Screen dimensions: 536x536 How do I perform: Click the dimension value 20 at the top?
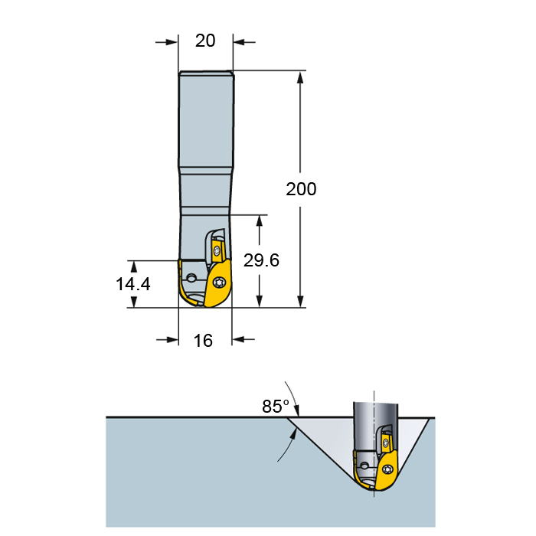[x=205, y=41]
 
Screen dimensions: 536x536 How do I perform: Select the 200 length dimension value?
[x=301, y=189]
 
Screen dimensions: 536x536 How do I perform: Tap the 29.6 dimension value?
[x=261, y=260]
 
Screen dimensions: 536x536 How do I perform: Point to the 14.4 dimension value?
[x=133, y=284]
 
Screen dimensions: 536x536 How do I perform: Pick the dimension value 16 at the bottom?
[x=203, y=341]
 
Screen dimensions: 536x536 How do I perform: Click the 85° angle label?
[x=276, y=407]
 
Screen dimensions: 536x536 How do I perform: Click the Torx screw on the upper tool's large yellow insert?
[x=219, y=283]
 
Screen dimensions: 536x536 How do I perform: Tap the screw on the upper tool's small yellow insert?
[x=217, y=252]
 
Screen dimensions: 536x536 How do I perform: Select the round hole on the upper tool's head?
[x=191, y=277]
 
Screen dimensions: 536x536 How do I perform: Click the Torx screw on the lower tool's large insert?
[x=387, y=469]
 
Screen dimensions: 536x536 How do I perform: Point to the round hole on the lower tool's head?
[x=365, y=466]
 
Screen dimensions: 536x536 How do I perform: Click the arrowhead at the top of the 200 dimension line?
[x=300, y=77]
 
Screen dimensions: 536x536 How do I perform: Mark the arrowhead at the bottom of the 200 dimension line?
[x=300, y=301]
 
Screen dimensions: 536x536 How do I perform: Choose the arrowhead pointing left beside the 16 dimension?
[x=238, y=339]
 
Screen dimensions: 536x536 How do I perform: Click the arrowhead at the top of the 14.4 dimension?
[x=134, y=266]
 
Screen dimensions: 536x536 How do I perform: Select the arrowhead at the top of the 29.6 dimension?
[x=260, y=221]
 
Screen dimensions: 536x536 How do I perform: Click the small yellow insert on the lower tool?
[x=386, y=443]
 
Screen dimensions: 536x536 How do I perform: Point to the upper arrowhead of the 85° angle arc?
[x=296, y=410]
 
